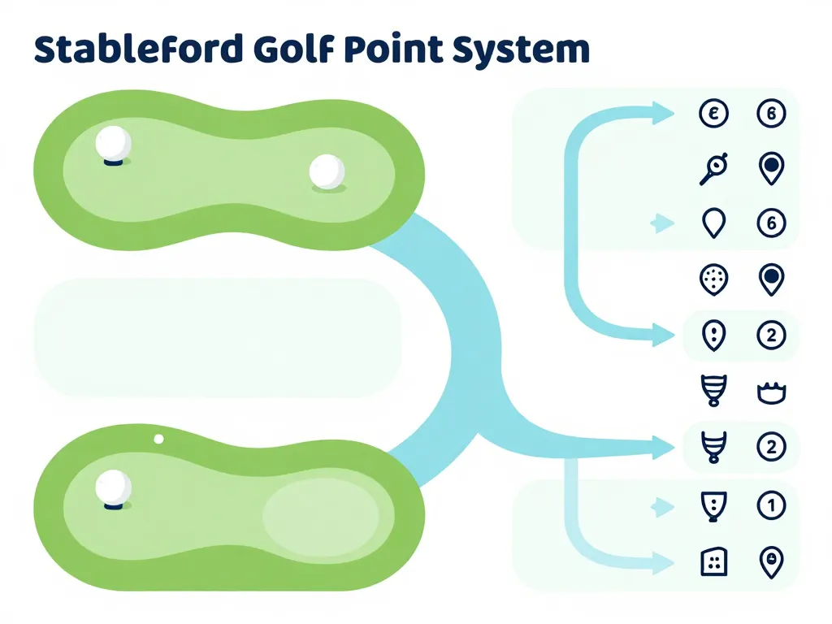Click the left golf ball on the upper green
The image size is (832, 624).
click(x=113, y=144)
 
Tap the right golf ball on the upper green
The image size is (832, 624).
click(x=327, y=172)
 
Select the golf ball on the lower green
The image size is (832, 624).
click(x=113, y=487)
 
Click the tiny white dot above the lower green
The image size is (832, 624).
click(x=158, y=439)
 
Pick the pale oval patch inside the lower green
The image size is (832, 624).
click(x=321, y=516)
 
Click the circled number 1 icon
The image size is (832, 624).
click(x=770, y=505)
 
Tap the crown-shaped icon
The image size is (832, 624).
click(x=770, y=392)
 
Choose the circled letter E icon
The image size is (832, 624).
click(x=713, y=114)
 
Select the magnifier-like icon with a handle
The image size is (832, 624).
click(x=713, y=168)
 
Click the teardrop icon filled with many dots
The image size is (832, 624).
click(x=713, y=279)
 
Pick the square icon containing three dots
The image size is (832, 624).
click(x=713, y=561)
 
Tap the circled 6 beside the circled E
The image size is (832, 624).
click(x=770, y=114)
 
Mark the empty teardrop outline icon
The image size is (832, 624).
click(x=713, y=223)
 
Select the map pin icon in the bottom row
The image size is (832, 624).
click(x=770, y=561)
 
